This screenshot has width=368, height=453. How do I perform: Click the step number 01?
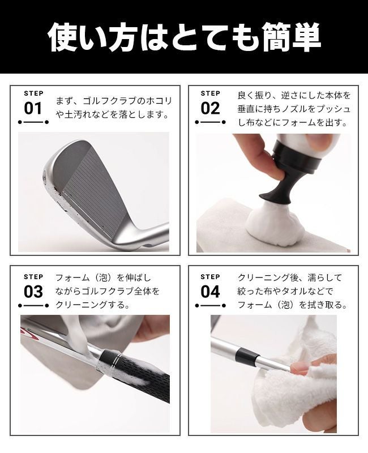[33, 109]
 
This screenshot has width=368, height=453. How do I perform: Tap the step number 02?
[210, 109]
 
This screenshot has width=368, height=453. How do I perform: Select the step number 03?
[33, 292]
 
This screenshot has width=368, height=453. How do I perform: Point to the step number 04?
[210, 292]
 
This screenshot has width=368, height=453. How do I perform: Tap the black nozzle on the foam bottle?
[275, 186]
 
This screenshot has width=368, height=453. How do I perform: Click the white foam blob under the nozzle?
[276, 225]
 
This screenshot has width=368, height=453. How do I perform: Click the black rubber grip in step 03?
[136, 375]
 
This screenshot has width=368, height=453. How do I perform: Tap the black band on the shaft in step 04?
[242, 356]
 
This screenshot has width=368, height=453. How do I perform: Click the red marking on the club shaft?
[29, 333]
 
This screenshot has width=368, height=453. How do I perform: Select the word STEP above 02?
[210, 93]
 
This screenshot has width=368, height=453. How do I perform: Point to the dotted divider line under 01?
[33, 122]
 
